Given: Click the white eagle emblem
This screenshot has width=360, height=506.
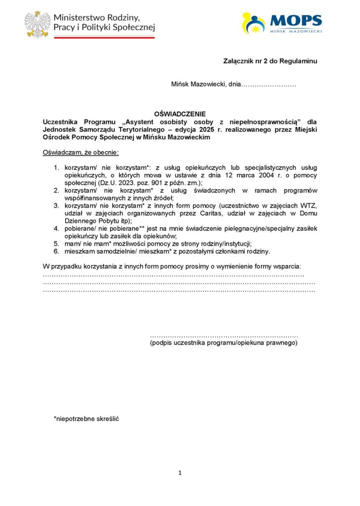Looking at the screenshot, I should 38,24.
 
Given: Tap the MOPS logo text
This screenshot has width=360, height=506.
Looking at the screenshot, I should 296,21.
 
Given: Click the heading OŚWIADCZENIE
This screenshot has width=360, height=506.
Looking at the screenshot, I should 180,114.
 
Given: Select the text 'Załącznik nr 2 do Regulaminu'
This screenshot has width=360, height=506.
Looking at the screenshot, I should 270,61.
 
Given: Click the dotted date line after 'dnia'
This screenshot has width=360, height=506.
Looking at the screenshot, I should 268,85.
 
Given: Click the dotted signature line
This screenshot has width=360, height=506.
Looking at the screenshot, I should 224,336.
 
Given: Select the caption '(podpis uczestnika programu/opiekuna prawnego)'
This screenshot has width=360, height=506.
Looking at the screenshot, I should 224,342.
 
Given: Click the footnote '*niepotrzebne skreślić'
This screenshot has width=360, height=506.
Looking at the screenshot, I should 87,419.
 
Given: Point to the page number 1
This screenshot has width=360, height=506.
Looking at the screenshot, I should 180,473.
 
